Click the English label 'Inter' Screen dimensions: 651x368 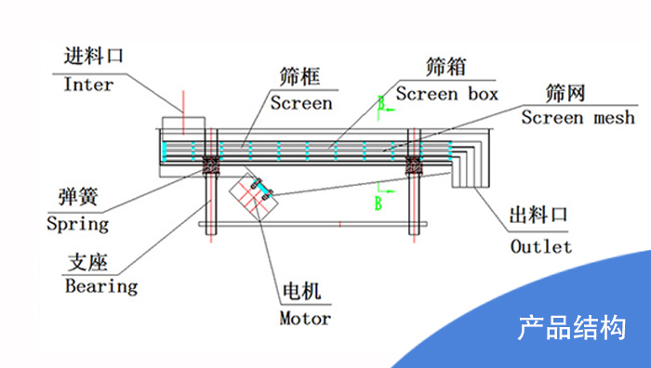88,85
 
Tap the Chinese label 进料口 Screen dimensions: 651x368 93,56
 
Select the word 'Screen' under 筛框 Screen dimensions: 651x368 301,103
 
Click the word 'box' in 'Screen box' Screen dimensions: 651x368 484,94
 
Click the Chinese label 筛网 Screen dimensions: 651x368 565,94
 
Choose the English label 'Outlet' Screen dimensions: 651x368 541,246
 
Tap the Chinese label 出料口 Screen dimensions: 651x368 538,216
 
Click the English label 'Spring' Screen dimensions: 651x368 77,225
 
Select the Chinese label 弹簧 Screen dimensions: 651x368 78,196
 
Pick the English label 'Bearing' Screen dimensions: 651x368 101,286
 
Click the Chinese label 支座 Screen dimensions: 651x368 88,262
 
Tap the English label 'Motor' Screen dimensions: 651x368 305,319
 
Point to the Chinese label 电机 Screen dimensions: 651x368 302,291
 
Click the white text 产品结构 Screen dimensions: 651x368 572,328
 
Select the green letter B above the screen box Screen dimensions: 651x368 381,103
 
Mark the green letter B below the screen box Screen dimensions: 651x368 379,204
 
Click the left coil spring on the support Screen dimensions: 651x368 211,165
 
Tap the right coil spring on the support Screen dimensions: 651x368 415,165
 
